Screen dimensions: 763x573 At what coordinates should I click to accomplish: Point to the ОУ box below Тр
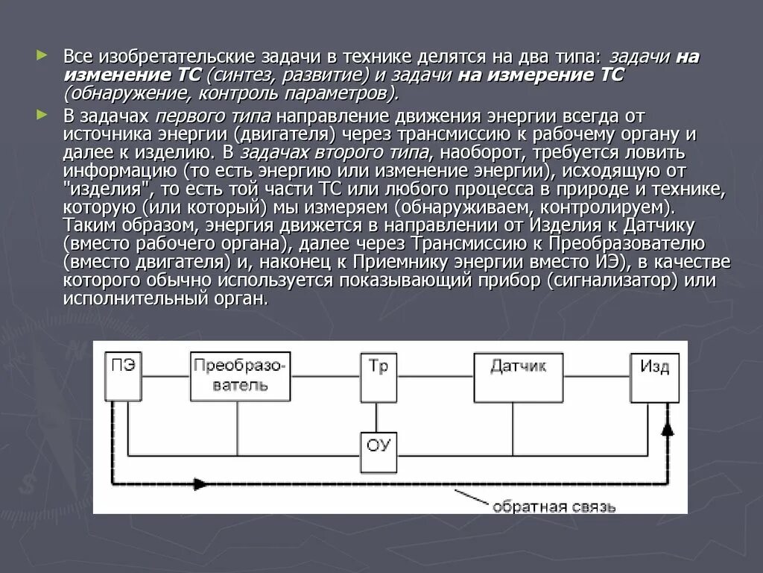click(x=379, y=447)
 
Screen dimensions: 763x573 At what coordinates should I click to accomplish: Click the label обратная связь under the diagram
click(x=553, y=507)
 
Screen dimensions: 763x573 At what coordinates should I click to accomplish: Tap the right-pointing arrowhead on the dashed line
click(x=200, y=483)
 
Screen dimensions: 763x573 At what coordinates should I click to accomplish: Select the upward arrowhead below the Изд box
click(x=668, y=427)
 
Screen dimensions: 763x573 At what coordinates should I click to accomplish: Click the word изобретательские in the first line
click(x=172, y=57)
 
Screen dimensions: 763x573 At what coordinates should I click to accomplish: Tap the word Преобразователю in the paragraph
click(x=626, y=244)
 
